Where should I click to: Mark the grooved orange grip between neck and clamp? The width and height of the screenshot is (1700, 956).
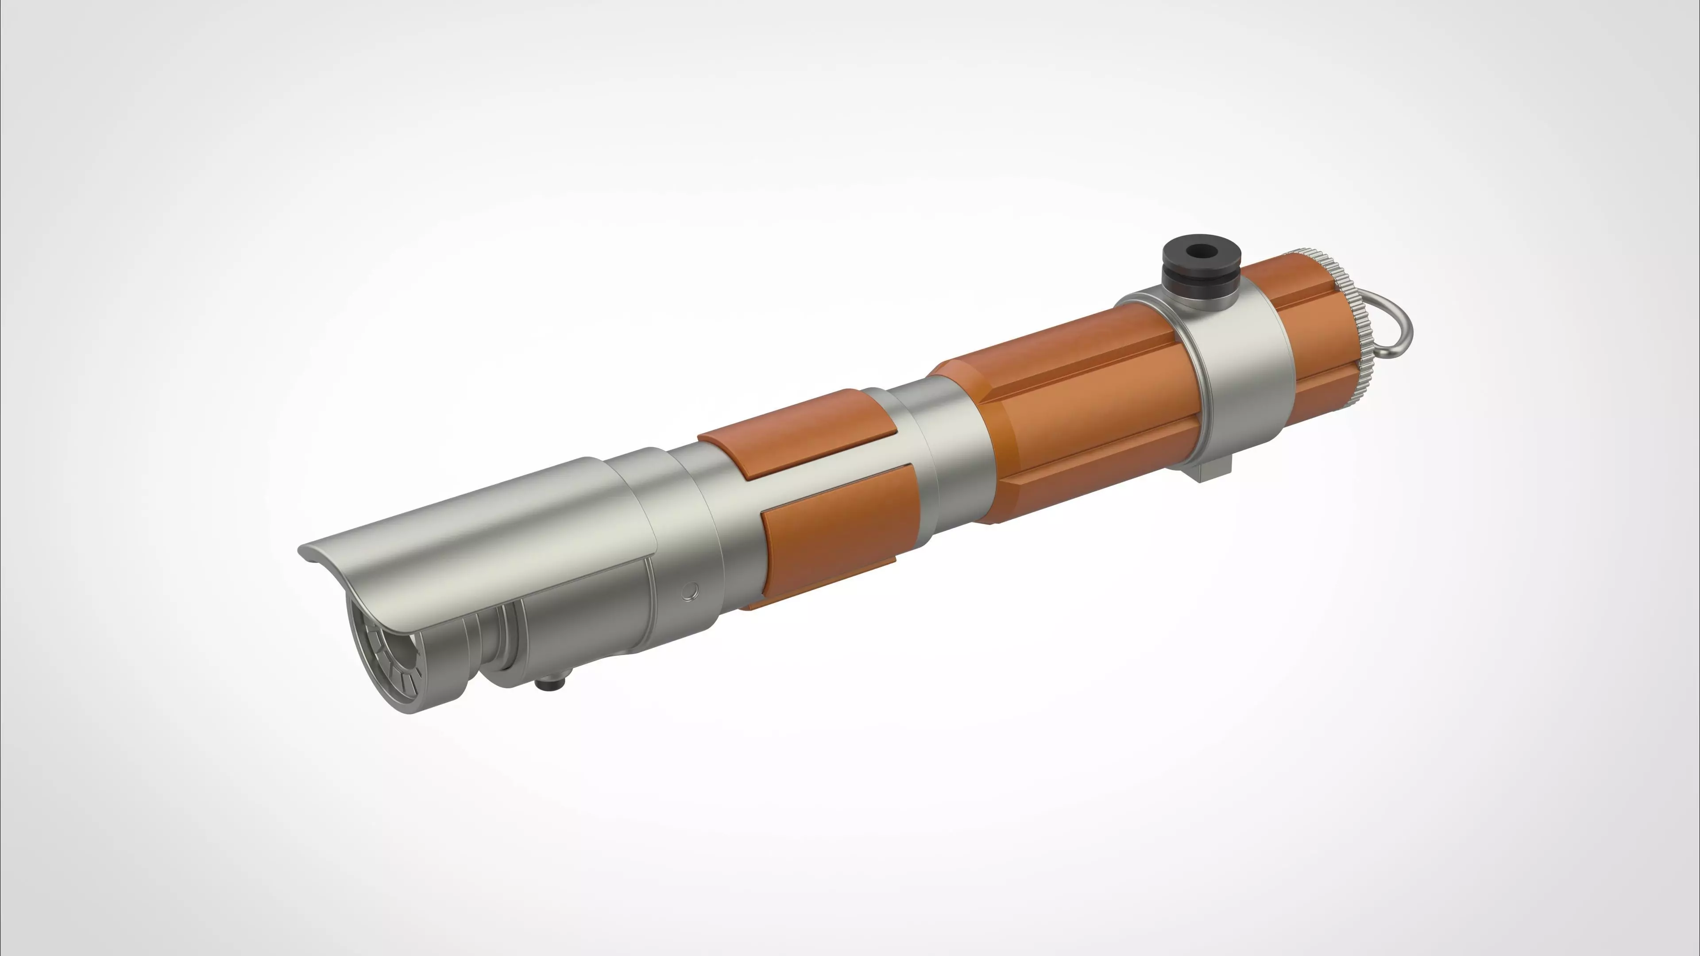1089,422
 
